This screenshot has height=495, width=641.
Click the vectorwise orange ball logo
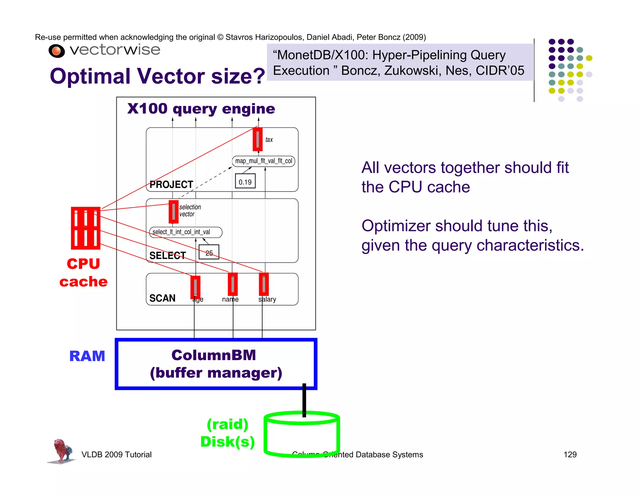tap(57, 51)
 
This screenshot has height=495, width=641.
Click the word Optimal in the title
tap(90, 76)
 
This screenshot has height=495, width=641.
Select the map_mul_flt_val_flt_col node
tap(263, 161)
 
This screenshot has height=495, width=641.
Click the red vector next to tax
tap(258, 139)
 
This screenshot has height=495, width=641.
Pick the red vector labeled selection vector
tap(173, 212)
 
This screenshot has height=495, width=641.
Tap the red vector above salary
tap(264, 284)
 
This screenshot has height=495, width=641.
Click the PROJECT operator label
tap(171, 185)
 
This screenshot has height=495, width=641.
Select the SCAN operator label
tap(162, 298)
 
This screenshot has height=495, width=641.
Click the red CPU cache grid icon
tap(85, 228)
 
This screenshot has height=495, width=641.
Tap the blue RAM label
tap(87, 356)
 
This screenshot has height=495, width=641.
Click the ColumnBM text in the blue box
tap(214, 355)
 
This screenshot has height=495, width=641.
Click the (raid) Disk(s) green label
tap(228, 433)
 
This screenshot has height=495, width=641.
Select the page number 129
tap(570, 454)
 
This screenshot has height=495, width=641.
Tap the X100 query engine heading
tap(201, 109)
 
